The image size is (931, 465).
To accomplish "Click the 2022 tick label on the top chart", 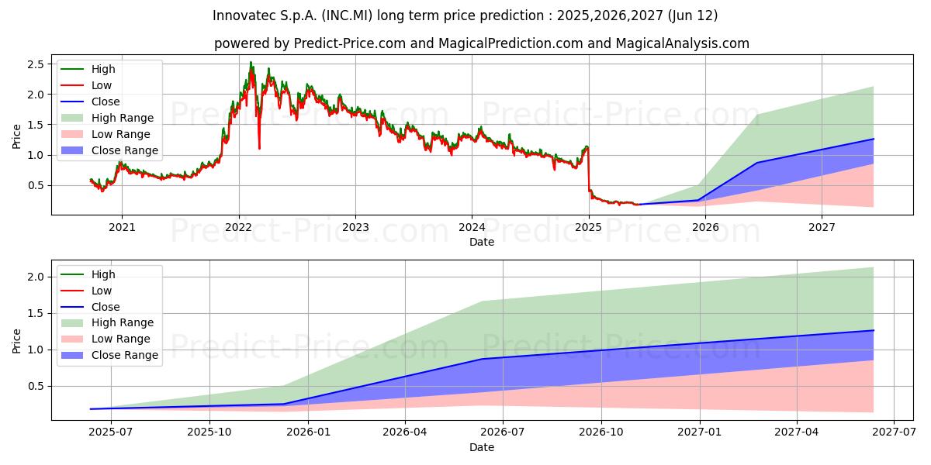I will (238, 227).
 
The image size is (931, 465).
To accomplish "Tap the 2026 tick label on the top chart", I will (705, 227).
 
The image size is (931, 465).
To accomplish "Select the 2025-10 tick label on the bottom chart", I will (210, 432).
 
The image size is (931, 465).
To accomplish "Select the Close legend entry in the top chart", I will (106, 102).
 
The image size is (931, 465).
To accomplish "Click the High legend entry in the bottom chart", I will (103, 274).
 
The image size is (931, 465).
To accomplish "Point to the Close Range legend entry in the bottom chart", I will (124, 355).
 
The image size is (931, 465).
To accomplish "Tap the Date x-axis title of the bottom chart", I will (481, 447).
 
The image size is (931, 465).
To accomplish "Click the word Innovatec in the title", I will (245, 15).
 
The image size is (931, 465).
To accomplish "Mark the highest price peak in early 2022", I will (251, 63).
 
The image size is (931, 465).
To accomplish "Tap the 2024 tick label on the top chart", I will (472, 227).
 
